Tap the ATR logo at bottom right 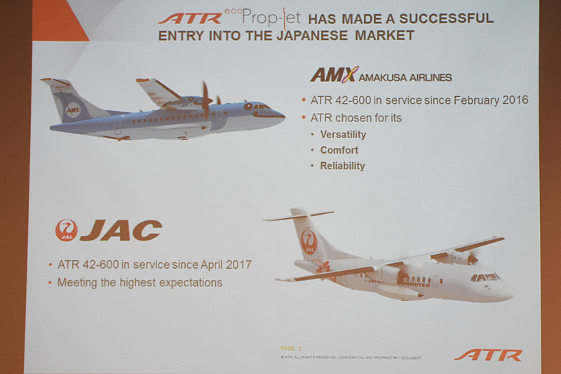coord(488,355)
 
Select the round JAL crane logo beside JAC coord(66,230)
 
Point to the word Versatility coord(343,135)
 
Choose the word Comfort coord(339,150)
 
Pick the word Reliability coord(342,166)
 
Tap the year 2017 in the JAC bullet coord(236,265)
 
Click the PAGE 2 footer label coord(290,348)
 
